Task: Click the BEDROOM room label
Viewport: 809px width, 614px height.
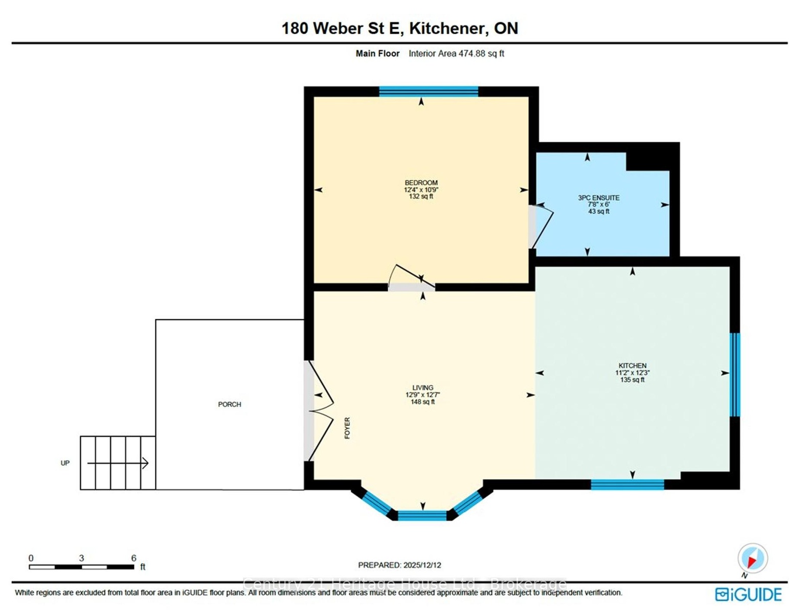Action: click(x=421, y=183)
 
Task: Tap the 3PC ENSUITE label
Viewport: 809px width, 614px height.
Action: click(x=598, y=198)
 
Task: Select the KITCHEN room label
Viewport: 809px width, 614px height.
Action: click(x=633, y=365)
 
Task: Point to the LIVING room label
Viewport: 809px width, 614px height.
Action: click(x=422, y=387)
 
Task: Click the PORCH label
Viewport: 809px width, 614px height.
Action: click(x=229, y=405)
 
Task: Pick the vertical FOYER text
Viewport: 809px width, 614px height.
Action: click(x=347, y=428)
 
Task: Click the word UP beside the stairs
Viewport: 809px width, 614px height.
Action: click(x=65, y=463)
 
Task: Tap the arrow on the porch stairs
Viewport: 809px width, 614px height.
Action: click(x=118, y=463)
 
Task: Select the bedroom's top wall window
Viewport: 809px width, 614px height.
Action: click(x=429, y=91)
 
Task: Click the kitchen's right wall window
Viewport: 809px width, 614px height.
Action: click(x=734, y=375)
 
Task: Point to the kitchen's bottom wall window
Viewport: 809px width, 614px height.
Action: click(x=627, y=484)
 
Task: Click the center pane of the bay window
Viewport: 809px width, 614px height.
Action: click(x=422, y=515)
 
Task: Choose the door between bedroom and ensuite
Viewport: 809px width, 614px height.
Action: click(x=541, y=227)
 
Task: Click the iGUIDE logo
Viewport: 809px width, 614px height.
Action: click(x=748, y=595)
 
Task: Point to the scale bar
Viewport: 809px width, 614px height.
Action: click(x=81, y=567)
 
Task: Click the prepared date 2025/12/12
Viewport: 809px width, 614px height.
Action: click(x=422, y=565)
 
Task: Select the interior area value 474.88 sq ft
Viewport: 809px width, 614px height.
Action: click(x=481, y=54)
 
